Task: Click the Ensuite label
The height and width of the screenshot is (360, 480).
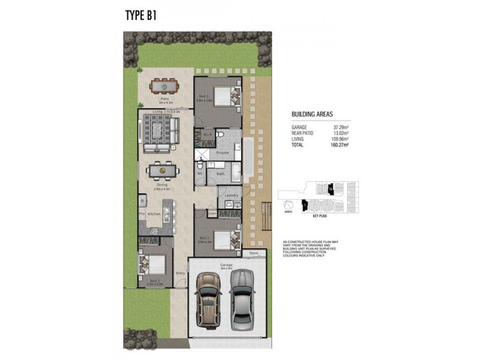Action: coord(223,153)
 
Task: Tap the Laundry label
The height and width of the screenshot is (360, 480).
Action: coord(231,195)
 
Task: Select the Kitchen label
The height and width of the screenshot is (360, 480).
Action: coord(154,214)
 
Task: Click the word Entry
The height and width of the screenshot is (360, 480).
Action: coord(180,273)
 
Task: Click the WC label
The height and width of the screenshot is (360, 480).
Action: coord(201,173)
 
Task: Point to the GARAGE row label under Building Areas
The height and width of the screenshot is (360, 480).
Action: coord(301,127)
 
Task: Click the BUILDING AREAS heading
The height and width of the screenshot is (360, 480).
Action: coord(312,113)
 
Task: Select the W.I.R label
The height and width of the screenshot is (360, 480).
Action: coord(206,134)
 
